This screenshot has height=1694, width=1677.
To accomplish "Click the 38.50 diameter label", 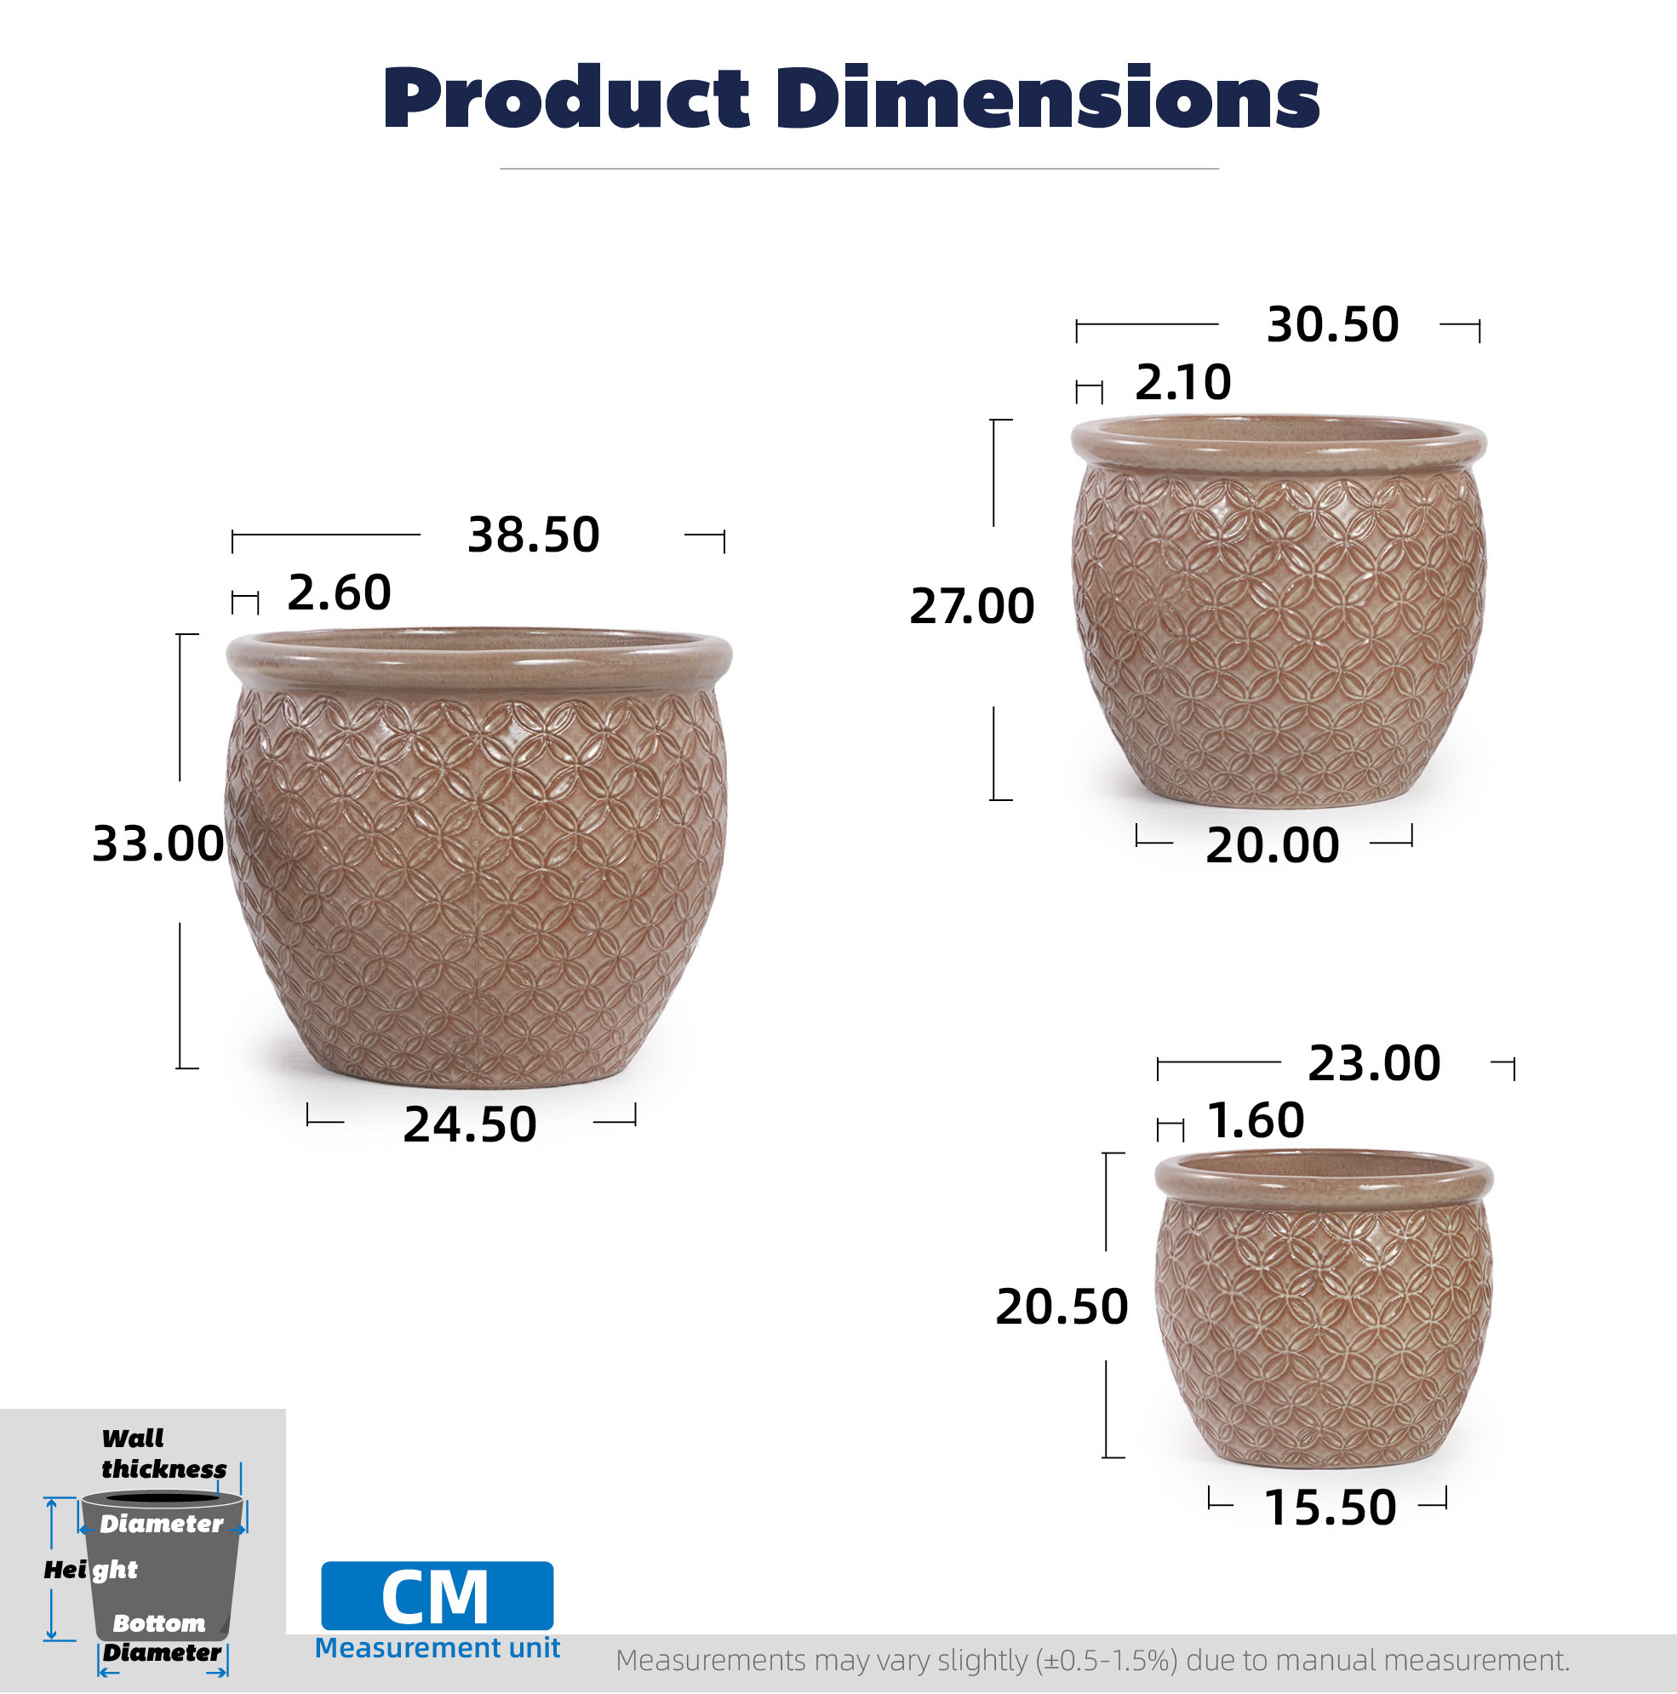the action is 533,535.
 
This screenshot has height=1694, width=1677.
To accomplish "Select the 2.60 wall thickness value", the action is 339,593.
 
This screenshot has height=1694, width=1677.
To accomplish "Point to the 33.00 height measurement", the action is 157,845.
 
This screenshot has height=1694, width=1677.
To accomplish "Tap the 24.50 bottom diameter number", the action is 469,1125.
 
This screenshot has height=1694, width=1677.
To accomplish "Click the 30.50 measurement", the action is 1332,325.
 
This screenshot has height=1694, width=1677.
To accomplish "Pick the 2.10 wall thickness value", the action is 1182,383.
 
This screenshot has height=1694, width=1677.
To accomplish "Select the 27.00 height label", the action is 971,607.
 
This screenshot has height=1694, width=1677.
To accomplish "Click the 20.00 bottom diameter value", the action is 1272,846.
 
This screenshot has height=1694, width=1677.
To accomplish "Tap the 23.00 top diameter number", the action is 1374,1064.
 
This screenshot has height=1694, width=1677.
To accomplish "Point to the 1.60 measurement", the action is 1256,1121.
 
